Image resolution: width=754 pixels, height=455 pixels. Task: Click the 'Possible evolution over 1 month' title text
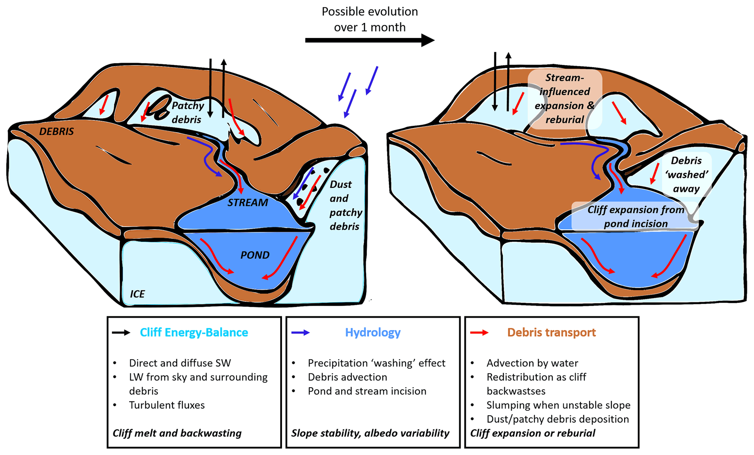click(370, 19)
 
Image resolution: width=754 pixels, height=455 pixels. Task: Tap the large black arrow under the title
click(370, 40)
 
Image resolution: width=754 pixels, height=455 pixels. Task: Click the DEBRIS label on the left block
click(57, 132)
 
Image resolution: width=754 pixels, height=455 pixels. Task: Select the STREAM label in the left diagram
click(248, 203)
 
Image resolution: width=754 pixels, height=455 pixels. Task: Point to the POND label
click(255, 255)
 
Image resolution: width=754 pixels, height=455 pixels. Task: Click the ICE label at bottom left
click(137, 294)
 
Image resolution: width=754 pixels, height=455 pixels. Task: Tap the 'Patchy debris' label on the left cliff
click(187, 112)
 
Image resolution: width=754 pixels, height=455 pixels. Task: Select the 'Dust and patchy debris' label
click(345, 205)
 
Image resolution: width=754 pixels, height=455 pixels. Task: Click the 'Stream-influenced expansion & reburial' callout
click(564, 99)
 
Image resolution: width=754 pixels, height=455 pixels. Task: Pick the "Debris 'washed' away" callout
click(686, 175)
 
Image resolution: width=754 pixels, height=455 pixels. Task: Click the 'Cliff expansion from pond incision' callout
click(635, 217)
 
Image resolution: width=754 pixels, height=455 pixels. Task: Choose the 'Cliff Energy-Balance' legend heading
click(194, 332)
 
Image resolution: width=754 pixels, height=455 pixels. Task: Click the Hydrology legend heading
click(372, 332)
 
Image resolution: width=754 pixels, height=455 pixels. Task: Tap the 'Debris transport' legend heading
click(551, 332)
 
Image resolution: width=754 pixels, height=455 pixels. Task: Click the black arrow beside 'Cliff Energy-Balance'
click(121, 332)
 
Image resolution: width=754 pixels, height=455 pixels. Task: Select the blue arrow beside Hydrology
click(301, 332)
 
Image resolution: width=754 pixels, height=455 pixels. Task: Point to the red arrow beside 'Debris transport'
click(479, 332)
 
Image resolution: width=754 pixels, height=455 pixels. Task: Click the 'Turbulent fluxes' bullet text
click(167, 405)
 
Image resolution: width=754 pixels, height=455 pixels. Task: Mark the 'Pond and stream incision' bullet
click(367, 391)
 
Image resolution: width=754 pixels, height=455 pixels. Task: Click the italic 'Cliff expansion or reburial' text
click(533, 433)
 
